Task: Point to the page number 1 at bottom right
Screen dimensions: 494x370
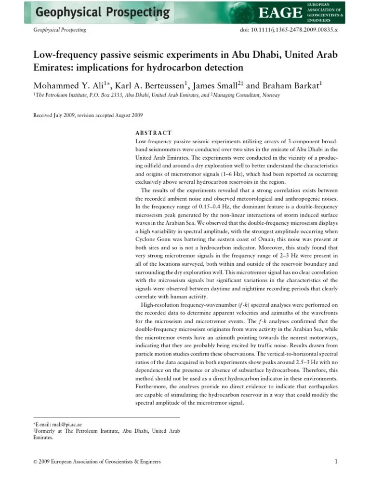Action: [x=335, y=462]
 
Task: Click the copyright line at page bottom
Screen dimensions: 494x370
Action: [x=96, y=462]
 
